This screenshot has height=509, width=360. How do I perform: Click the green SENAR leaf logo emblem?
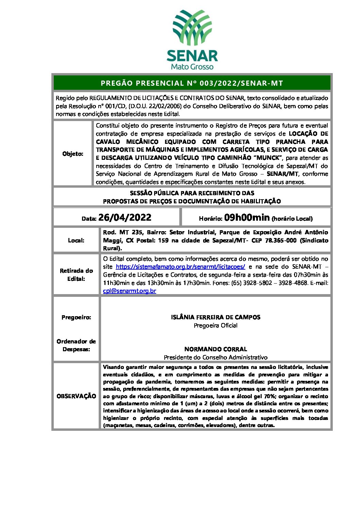192,27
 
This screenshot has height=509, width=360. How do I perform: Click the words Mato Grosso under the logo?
192,66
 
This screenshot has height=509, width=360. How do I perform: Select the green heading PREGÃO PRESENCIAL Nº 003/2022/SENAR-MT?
192,83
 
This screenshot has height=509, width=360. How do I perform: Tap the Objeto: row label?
73,154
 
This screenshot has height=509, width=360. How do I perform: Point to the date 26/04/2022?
125,218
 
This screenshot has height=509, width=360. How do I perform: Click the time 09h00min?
247,218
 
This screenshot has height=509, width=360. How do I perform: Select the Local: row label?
76,240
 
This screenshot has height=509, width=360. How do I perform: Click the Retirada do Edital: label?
76,275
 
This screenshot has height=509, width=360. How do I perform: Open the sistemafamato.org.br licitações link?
180,267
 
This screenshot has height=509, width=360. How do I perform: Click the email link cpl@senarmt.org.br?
130,291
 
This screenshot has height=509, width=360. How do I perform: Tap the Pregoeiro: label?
76,317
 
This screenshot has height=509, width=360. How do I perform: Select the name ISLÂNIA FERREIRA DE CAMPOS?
215,317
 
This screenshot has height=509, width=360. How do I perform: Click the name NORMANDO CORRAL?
215,349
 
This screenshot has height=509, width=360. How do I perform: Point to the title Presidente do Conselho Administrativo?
215,357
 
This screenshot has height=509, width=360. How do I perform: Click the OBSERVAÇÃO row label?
76,396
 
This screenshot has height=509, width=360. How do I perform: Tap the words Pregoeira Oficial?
215,325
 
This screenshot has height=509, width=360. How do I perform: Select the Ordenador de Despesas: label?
76,345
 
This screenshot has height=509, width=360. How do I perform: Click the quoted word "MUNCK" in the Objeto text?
269,158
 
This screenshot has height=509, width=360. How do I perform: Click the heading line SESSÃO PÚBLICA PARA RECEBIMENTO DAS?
192,193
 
